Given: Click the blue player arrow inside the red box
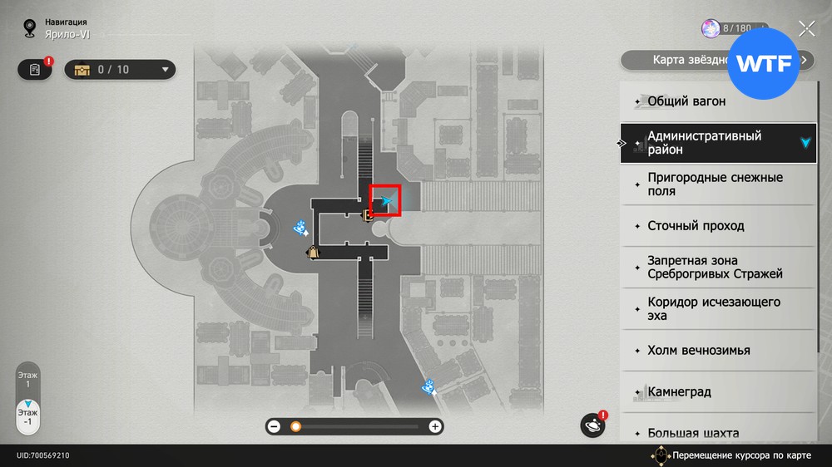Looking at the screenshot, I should point(386,200).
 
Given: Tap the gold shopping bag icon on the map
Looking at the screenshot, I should point(313,252).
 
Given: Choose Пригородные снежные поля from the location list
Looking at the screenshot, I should point(716,184).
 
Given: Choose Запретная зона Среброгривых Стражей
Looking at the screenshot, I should point(716,268).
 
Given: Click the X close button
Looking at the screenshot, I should point(806,29).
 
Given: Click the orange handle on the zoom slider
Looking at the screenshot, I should point(295,426).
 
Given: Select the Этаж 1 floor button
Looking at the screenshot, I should point(28,380).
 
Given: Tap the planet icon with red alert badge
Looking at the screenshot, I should point(593,425).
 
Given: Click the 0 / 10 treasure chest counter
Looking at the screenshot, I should point(121,70).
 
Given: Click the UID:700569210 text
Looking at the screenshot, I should point(42,456).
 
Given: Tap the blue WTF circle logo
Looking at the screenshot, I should point(764,64).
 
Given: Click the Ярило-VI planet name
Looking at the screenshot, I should point(67,36).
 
